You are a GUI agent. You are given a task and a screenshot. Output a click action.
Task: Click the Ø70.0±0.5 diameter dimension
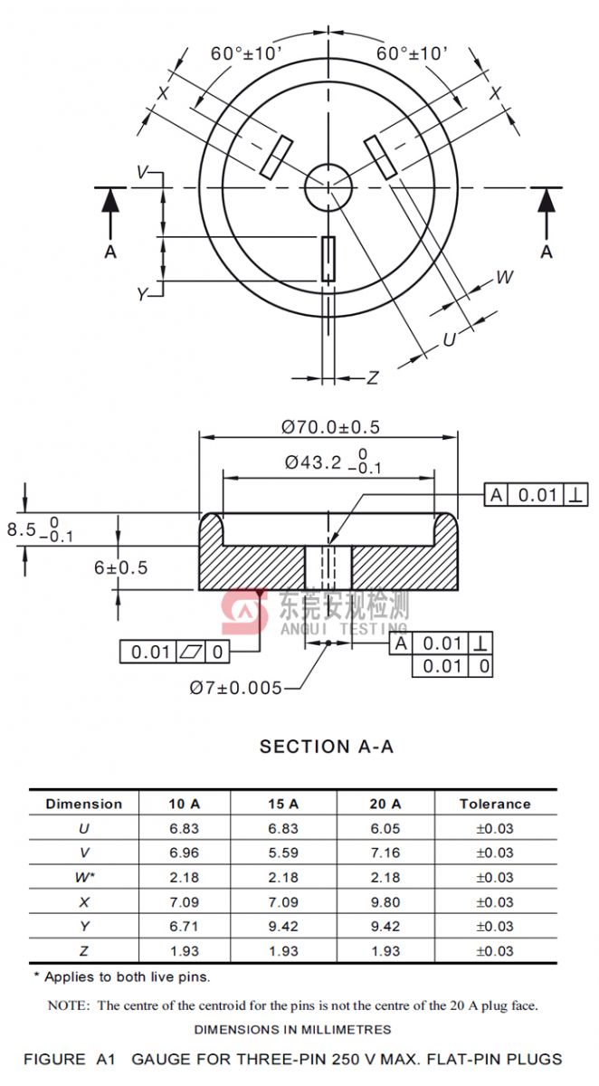pos(329,427)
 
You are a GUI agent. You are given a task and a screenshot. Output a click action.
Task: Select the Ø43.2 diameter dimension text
pos(313,462)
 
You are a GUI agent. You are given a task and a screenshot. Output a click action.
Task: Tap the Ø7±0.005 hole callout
pos(235,688)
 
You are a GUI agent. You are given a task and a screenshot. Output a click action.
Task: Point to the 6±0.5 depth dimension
pos(120,567)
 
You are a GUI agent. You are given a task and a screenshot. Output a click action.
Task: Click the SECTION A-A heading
pos(327,747)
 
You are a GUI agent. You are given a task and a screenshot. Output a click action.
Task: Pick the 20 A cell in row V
pos(385,853)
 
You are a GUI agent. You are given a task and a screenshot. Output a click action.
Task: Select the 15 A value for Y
pos(283,926)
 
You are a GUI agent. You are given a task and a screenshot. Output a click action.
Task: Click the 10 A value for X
pos(184,901)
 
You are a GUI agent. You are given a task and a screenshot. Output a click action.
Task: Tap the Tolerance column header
pos(494,804)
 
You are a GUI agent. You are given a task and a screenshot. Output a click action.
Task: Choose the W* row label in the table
pos(84,877)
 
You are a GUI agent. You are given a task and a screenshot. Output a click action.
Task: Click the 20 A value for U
pos(385,828)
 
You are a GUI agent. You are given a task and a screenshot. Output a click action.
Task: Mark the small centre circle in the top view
pos(328,187)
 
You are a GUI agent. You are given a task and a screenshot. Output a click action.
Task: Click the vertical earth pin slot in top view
pos(328,259)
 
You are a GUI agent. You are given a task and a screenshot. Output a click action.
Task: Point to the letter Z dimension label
pos(372,378)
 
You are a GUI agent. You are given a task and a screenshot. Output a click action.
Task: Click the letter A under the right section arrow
pos(547,252)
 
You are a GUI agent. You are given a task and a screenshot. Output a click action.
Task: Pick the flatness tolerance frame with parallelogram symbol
pos(175,651)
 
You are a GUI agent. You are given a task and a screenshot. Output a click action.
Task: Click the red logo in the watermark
pos(244,613)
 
